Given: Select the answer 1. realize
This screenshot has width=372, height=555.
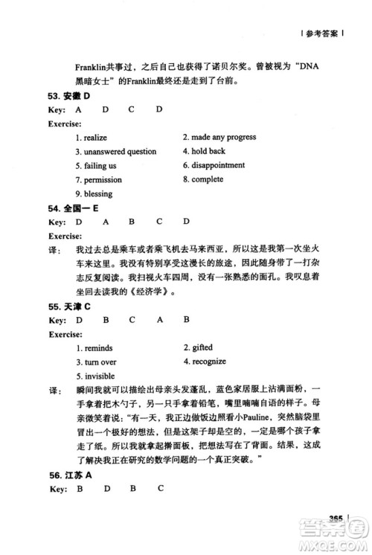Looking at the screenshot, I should point(92,138).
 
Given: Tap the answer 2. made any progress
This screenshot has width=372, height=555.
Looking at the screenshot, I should point(219,137).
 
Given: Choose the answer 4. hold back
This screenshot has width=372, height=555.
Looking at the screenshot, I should point(202,151).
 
